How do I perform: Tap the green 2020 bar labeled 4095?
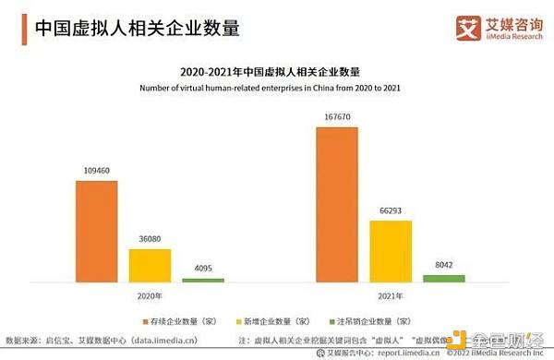202,279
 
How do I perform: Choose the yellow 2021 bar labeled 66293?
391,250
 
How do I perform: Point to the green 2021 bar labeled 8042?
444,278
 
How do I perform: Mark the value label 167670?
337,117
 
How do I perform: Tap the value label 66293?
391,211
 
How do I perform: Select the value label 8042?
444,266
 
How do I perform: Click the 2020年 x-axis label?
150,296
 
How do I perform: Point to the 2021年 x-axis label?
391,296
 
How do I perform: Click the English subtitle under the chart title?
275,89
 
